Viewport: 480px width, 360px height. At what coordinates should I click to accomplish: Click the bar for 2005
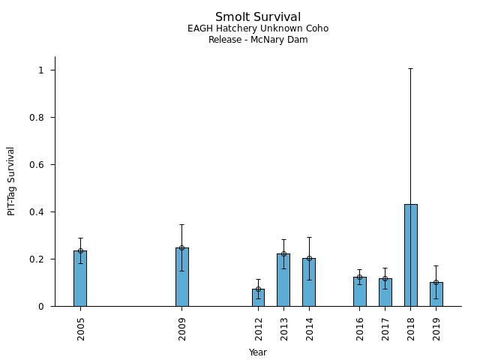point(80,278)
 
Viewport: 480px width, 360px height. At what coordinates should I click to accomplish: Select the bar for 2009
point(182,277)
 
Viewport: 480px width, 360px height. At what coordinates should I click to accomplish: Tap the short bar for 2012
point(258,298)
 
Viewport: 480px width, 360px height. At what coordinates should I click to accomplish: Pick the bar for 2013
point(283,280)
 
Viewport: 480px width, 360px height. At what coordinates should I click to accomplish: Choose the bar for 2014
point(309,282)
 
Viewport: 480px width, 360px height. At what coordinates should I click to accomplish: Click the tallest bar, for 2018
point(411,255)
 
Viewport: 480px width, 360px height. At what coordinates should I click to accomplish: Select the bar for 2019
point(436,294)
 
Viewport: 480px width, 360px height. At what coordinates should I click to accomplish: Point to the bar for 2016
point(360,292)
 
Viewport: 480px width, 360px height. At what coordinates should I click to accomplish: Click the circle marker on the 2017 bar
point(385,278)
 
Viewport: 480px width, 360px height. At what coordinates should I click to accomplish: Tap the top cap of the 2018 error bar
point(411,68)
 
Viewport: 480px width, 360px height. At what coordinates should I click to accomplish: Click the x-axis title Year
point(258,352)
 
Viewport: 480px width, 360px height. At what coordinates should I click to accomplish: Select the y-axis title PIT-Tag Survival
point(11,181)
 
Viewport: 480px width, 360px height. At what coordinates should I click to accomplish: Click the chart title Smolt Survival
point(258,17)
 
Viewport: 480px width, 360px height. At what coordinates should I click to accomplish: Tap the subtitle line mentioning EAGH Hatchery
point(258,29)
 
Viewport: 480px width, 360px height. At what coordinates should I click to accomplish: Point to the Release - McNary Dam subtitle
point(258,40)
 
